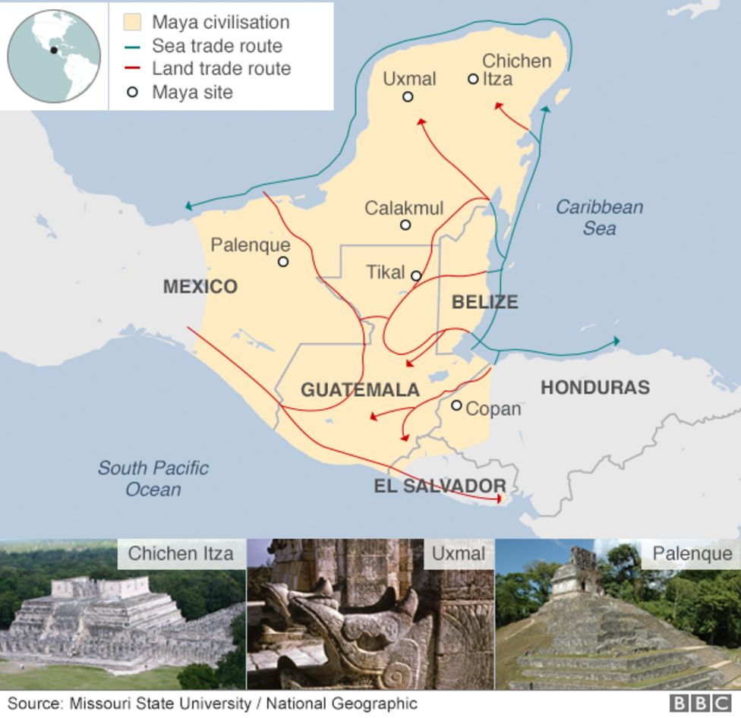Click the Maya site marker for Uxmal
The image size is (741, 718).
pyautogui.click(x=408, y=96)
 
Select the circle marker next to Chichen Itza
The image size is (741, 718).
pyautogui.click(x=473, y=78)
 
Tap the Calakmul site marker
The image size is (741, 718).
pyautogui.click(x=405, y=225)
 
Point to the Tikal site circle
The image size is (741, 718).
pyautogui.click(x=416, y=276)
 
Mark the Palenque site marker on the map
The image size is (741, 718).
pyautogui.click(x=283, y=262)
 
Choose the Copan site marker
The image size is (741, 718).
pyautogui.click(x=456, y=405)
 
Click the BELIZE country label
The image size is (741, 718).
pyautogui.click(x=484, y=302)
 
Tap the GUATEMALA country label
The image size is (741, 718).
pyautogui.click(x=360, y=390)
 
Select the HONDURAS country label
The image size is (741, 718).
pyautogui.click(x=594, y=388)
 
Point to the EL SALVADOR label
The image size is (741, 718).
pyautogui.click(x=440, y=487)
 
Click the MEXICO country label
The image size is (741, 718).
pyautogui.click(x=200, y=287)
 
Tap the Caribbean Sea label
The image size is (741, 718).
pyautogui.click(x=599, y=217)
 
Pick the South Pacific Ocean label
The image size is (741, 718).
pyautogui.click(x=153, y=478)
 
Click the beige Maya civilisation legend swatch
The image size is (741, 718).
pyautogui.click(x=132, y=22)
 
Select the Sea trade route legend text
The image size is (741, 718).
pyautogui.click(x=216, y=46)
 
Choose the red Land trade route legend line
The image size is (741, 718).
pyautogui.click(x=132, y=69)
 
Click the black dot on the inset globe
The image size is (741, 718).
pyautogui.click(x=54, y=50)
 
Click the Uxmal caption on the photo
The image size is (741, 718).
pyautogui.click(x=458, y=554)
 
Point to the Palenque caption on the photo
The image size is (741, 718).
pyautogui.click(x=692, y=554)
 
